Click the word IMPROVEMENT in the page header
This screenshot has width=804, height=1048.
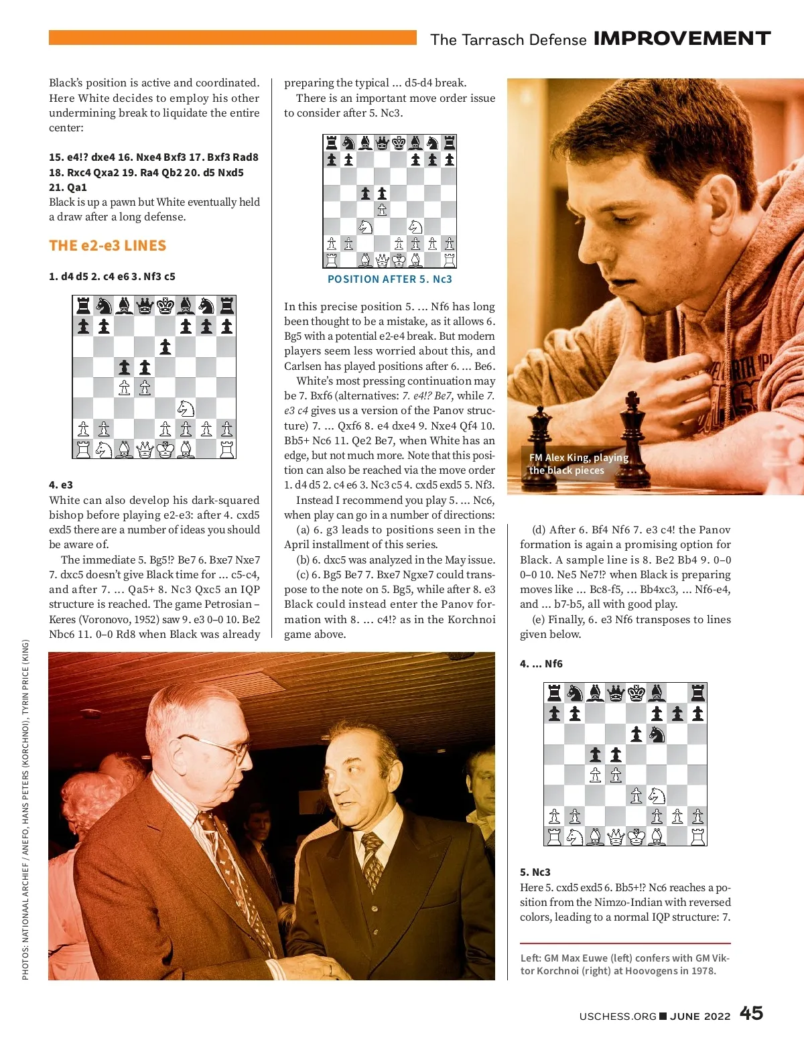click(x=682, y=39)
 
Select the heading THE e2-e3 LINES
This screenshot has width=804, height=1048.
click(x=107, y=245)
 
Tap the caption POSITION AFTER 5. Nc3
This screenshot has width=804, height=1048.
click(x=389, y=279)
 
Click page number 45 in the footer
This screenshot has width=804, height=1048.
click(x=751, y=1012)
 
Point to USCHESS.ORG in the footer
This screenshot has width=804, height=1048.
click(x=617, y=1016)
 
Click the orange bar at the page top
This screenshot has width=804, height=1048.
click(x=232, y=38)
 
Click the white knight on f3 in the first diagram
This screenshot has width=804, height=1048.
click(x=186, y=408)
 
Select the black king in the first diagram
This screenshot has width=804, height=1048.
click(x=165, y=306)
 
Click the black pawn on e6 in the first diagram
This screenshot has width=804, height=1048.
click(x=165, y=346)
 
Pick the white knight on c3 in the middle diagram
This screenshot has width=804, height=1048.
click(x=365, y=226)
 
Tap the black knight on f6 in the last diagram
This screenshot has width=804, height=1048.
click(x=657, y=734)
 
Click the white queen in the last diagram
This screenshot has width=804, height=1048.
click(x=616, y=836)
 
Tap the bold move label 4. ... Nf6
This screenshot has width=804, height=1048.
click(x=541, y=663)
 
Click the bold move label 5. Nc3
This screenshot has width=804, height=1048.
click(x=535, y=872)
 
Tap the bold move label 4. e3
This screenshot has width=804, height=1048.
click(x=61, y=484)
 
